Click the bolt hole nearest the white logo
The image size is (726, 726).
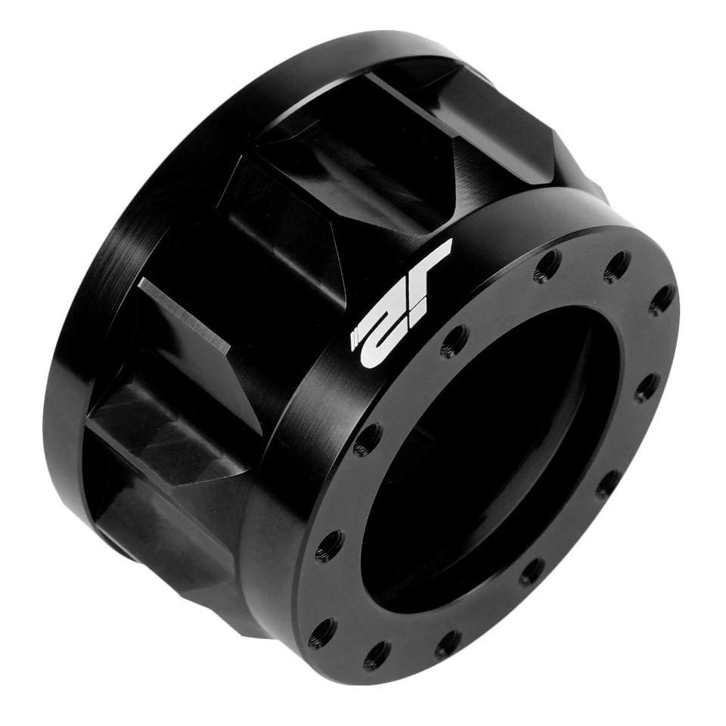click(x=454, y=340)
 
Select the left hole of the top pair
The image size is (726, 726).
click(x=546, y=266)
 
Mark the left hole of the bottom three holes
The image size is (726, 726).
click(x=323, y=632)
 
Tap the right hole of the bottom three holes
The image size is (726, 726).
click(x=448, y=644)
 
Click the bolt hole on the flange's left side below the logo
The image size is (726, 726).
click(x=368, y=439)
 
